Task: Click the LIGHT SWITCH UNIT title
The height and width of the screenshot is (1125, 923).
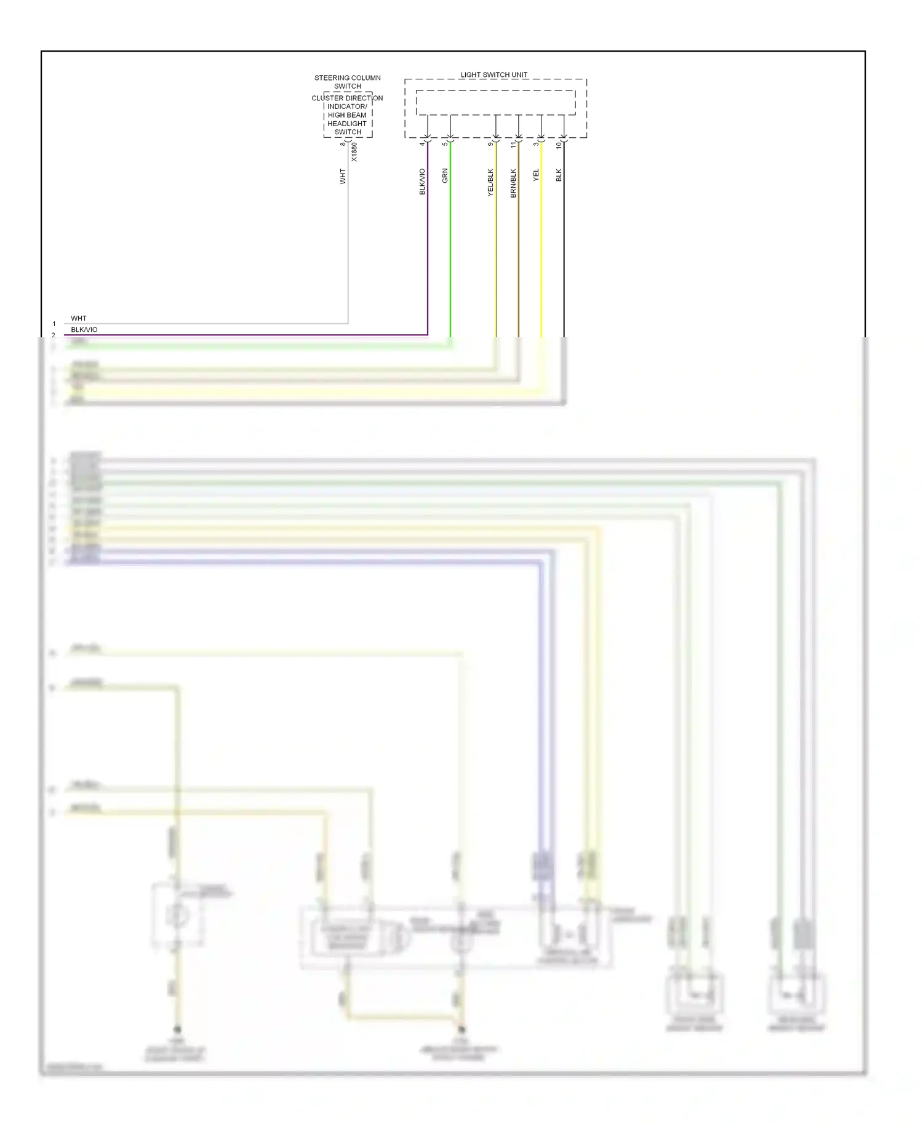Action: [x=493, y=75]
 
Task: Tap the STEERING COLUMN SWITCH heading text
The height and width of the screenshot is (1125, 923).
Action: [x=348, y=82]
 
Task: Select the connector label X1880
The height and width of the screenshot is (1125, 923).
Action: [x=354, y=152]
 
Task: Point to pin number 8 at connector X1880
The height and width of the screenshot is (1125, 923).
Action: [x=343, y=144]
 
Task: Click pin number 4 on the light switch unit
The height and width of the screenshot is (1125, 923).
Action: [x=422, y=144]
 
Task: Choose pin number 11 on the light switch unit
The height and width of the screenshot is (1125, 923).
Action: [x=513, y=145]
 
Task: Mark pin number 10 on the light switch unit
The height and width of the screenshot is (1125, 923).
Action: [x=559, y=145]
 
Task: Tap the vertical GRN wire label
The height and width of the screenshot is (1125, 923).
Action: [x=445, y=175]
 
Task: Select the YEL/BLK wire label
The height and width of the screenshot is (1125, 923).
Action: [x=490, y=182]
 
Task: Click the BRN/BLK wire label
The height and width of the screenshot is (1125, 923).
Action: [x=513, y=183]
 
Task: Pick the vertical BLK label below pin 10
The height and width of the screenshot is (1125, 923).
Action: [x=559, y=175]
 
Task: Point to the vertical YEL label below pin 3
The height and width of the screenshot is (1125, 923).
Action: [x=536, y=175]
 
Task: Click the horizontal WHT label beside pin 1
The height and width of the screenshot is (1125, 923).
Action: [x=79, y=318]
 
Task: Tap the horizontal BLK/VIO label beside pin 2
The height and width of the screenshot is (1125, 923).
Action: [x=84, y=330]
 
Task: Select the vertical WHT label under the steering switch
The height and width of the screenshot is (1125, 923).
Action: [x=343, y=177]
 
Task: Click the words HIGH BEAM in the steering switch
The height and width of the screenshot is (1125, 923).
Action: [x=347, y=115]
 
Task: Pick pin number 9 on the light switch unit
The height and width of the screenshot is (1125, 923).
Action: [x=490, y=144]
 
